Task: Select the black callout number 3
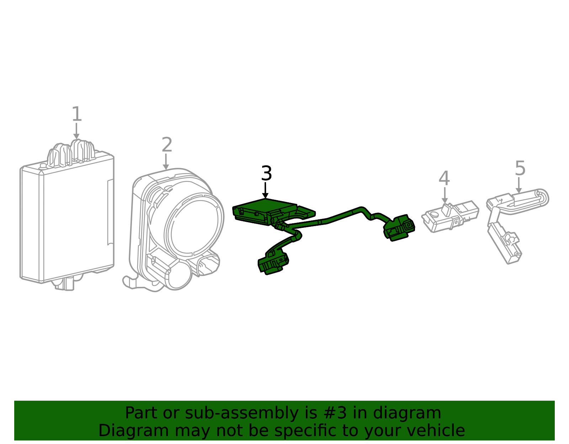click(267, 173)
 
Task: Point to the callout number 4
click(445, 178)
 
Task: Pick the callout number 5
click(520, 168)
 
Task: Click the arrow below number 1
click(76, 131)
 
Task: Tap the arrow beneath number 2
click(166, 162)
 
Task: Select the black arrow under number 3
click(265, 191)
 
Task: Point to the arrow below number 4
click(445, 195)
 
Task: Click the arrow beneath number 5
click(519, 185)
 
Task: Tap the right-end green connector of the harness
click(399, 228)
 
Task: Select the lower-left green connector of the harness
click(273, 262)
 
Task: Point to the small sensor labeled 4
click(450, 216)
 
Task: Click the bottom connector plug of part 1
click(65, 284)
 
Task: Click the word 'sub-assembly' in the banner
click(241, 413)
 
